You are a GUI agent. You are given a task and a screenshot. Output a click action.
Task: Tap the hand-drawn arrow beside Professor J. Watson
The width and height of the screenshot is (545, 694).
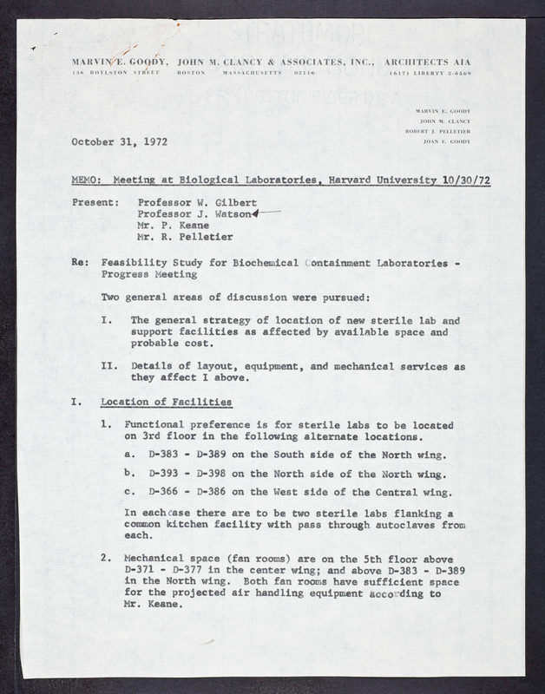point(266,212)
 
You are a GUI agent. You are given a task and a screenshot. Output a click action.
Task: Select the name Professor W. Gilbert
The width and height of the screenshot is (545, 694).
point(191,201)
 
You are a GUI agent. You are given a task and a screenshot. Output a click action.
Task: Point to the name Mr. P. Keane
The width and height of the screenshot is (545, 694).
point(169,225)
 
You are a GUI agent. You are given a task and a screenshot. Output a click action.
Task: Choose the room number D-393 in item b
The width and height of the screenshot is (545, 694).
point(166,474)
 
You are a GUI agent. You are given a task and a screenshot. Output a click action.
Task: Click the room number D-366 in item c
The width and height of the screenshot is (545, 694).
point(166,492)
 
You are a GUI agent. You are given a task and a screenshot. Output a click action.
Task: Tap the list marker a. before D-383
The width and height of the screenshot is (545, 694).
point(129,455)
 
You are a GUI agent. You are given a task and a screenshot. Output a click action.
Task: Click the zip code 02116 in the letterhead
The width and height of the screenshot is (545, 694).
point(305,74)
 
